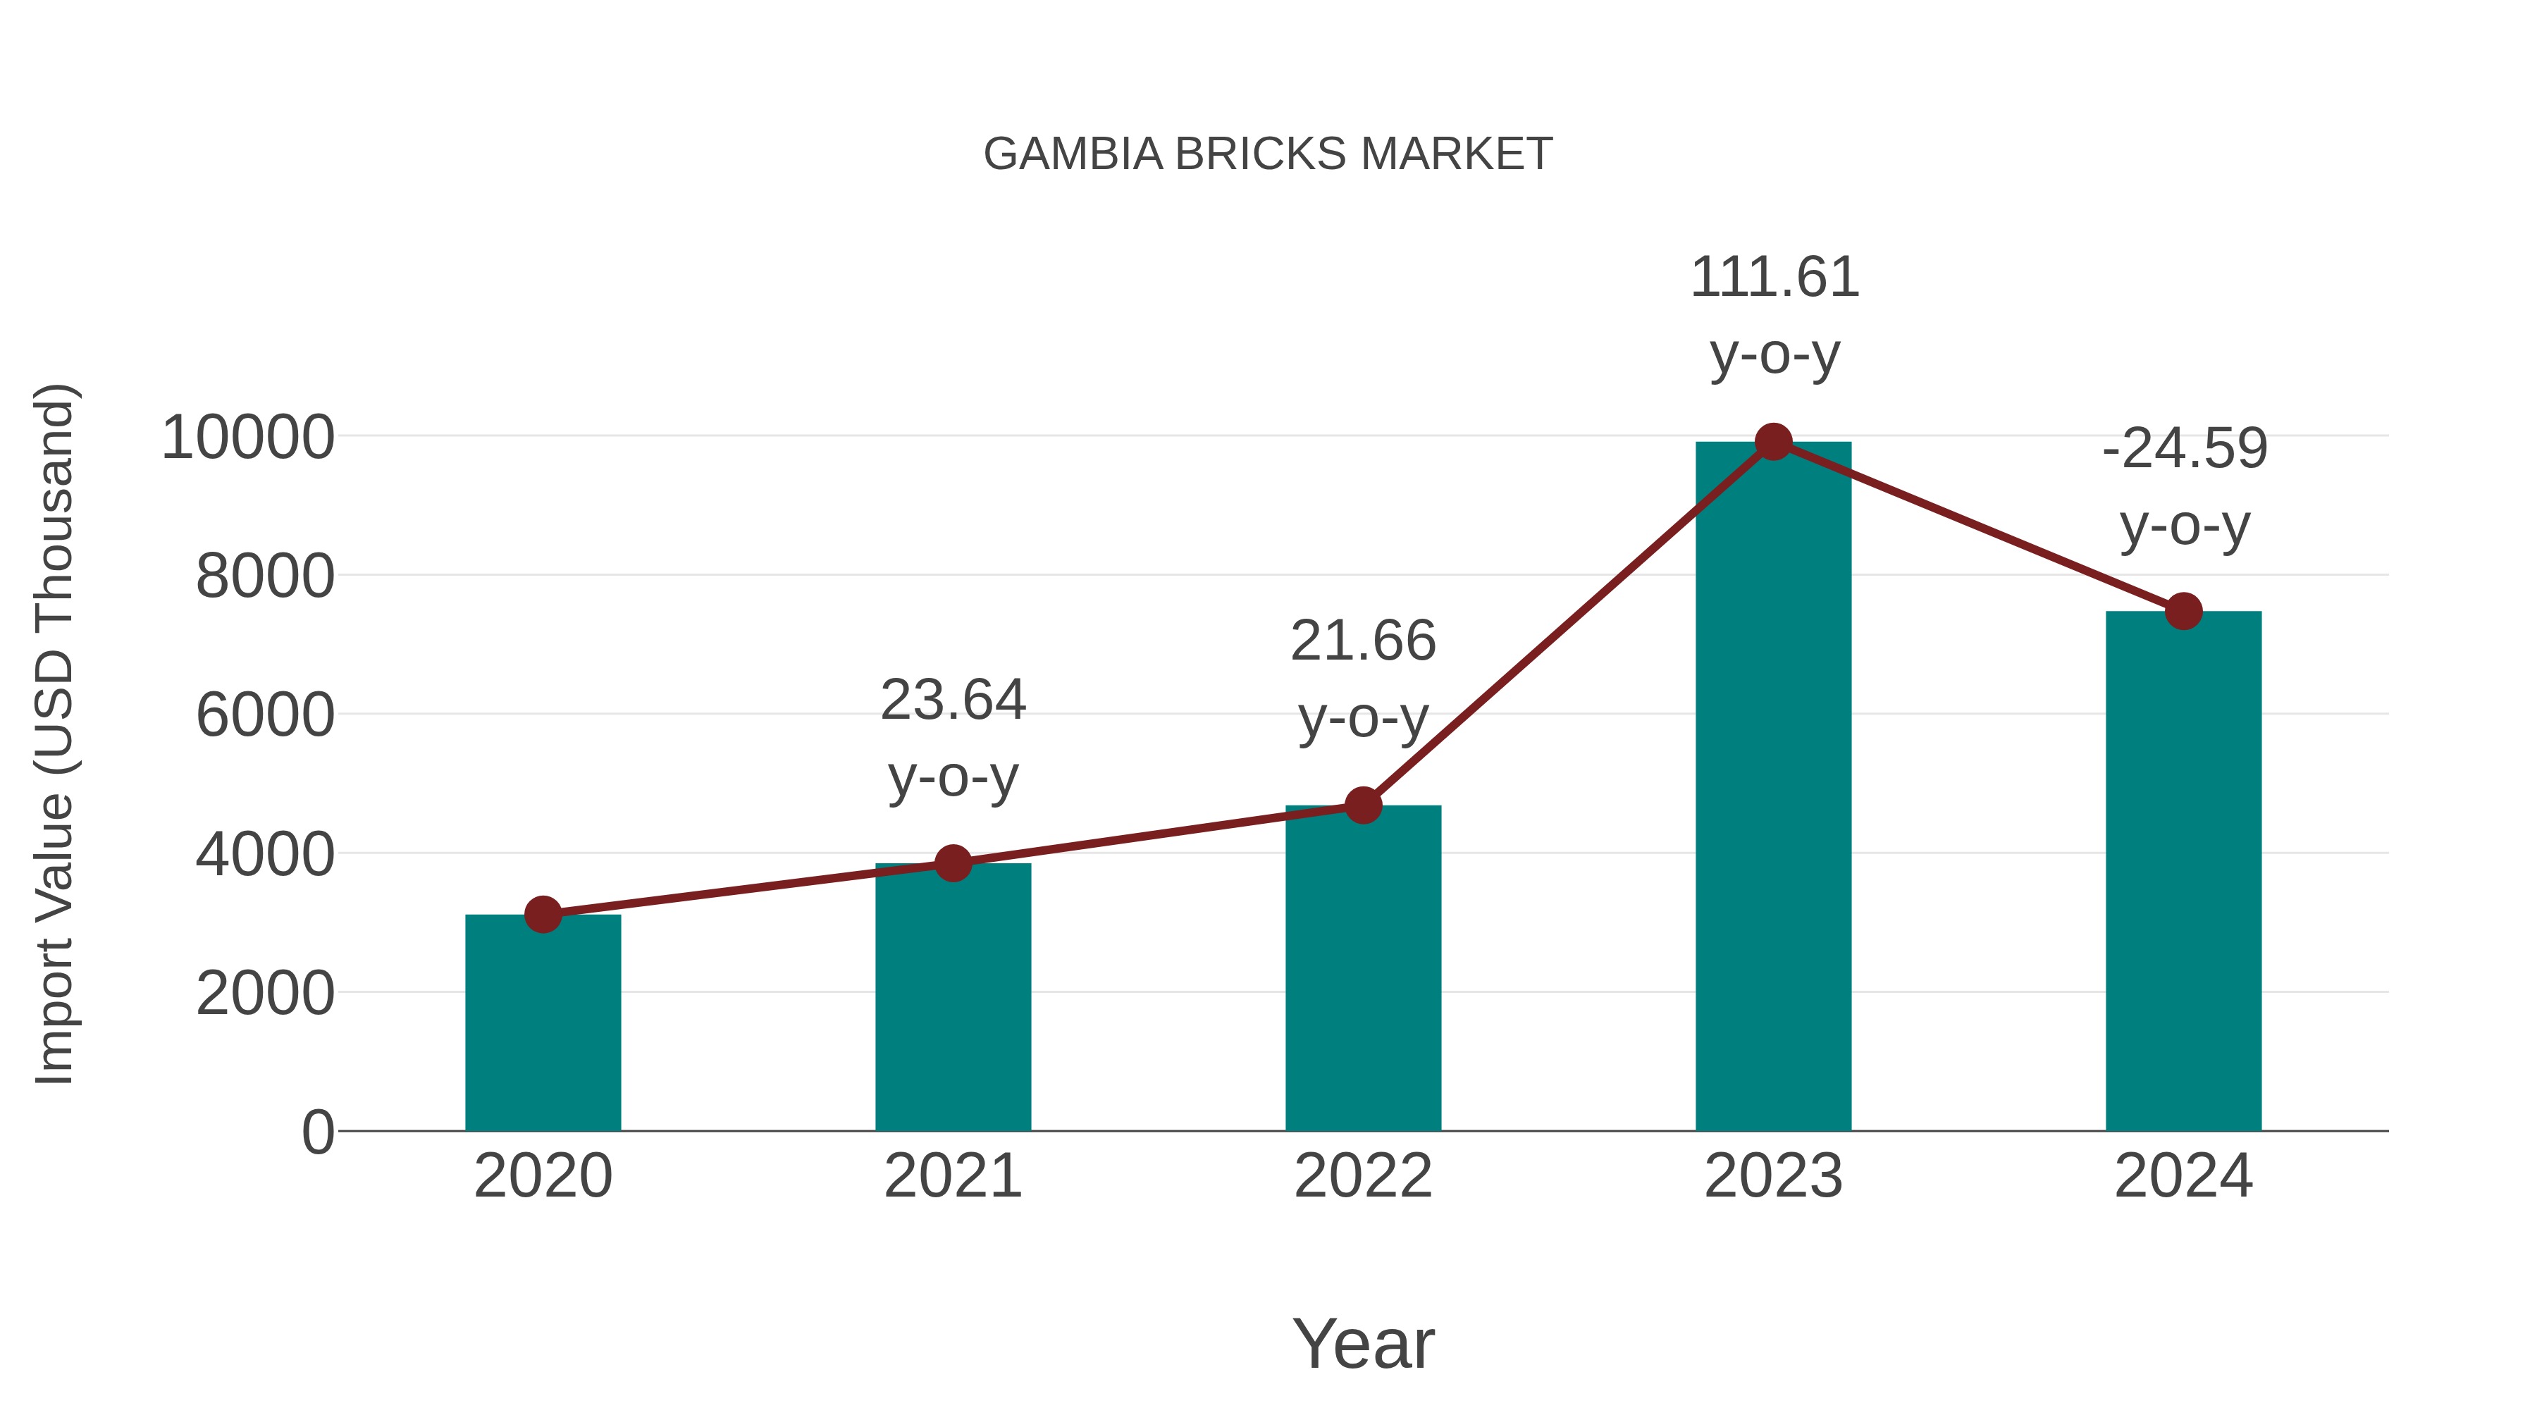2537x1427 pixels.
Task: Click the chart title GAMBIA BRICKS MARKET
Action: (x=1268, y=154)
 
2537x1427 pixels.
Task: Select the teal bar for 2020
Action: (x=543, y=1024)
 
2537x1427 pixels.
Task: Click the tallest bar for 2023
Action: (x=1773, y=788)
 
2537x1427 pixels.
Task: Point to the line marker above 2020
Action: (x=543, y=915)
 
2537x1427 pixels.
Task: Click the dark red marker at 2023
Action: (x=1773, y=442)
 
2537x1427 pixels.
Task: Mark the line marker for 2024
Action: (x=2183, y=612)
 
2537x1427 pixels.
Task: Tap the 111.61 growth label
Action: (x=1774, y=278)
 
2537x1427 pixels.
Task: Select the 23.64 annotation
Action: (x=952, y=701)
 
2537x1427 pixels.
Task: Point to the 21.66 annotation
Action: (x=1363, y=642)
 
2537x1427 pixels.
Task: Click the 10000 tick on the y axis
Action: (x=248, y=438)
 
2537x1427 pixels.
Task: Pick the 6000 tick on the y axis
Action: (x=265, y=716)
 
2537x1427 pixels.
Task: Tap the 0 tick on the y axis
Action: (x=317, y=1132)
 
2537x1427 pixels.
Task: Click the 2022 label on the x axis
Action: (x=1363, y=1177)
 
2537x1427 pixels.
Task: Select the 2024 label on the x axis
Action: (x=2183, y=1177)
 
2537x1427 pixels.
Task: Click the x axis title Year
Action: (x=1363, y=1345)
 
